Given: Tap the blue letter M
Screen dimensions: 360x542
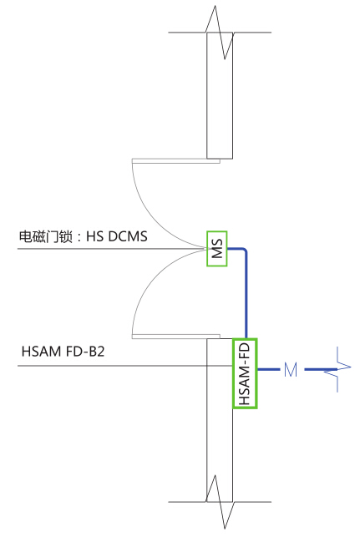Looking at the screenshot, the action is pyautogui.click(x=291, y=369).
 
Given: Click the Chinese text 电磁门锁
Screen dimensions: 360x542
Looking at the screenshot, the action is pyautogui.click(x=46, y=237).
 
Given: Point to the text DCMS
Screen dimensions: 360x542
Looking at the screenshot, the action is pyautogui.click(x=128, y=236).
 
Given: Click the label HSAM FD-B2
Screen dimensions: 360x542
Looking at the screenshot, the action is pyautogui.click(x=63, y=352).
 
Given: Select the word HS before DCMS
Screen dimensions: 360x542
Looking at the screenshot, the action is pyautogui.click(x=95, y=236).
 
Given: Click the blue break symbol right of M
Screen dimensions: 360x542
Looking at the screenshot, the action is pyautogui.click(x=337, y=369).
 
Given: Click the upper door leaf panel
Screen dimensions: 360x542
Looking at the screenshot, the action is pyautogui.click(x=175, y=160).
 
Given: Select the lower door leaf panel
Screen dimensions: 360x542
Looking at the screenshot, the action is pyautogui.click(x=175, y=337).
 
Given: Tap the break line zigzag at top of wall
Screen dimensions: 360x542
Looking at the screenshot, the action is pyautogui.click(x=220, y=33).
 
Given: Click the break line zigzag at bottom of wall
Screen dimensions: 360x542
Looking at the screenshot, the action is pyautogui.click(x=220, y=502).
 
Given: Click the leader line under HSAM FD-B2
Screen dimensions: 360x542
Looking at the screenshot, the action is pyautogui.click(x=125, y=365).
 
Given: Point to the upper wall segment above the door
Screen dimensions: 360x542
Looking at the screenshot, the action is pyautogui.click(x=220, y=96).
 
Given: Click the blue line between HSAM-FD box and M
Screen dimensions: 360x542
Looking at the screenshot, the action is pyautogui.click(x=268, y=369).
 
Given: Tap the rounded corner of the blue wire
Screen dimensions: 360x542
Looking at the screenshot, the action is pyautogui.click(x=245, y=250).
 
